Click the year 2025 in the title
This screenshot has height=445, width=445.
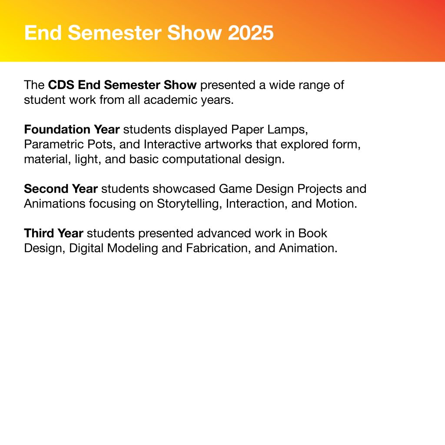tap(251, 33)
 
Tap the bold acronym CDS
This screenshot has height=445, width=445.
tap(61, 85)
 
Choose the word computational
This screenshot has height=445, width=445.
tap(202, 159)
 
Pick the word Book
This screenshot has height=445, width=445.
tap(313, 233)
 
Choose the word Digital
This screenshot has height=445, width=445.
tap(86, 249)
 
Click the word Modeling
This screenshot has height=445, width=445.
tap(133, 249)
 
